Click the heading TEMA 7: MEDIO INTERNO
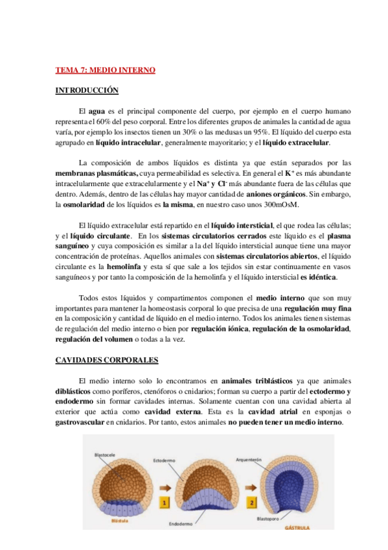(105, 70)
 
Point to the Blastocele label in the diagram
(105, 455)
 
